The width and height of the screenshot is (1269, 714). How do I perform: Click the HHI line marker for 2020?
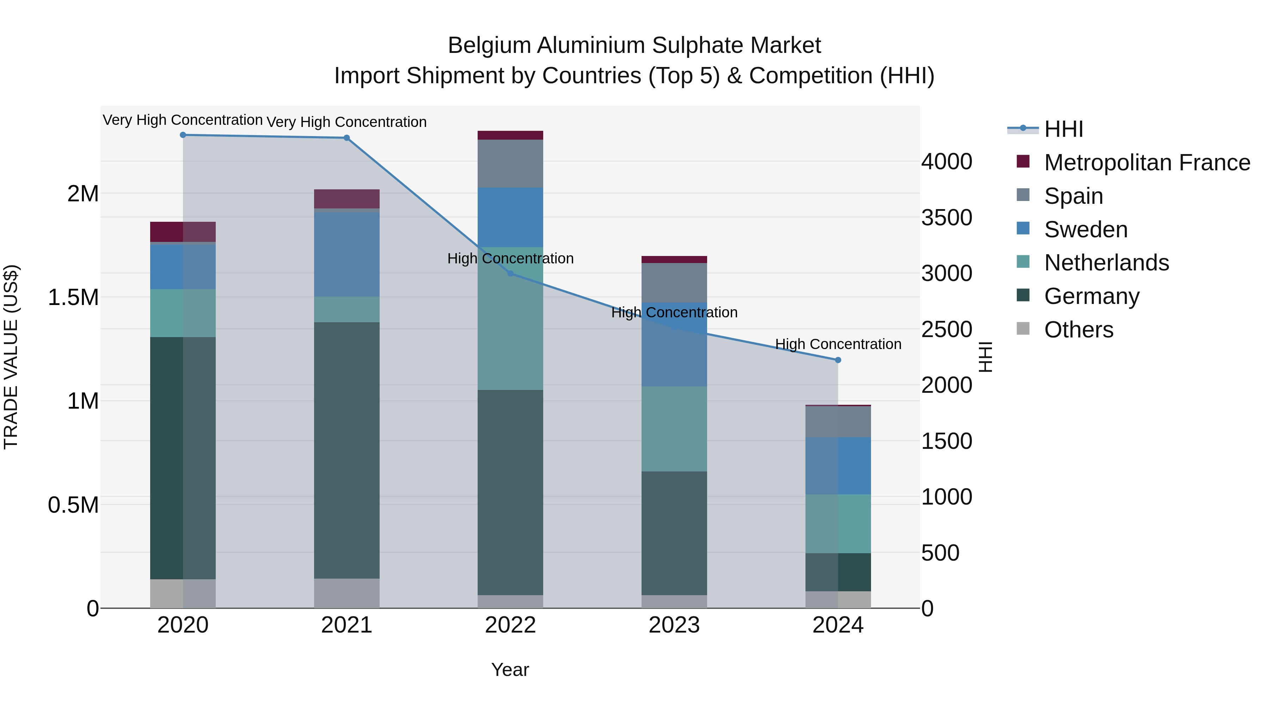(x=183, y=135)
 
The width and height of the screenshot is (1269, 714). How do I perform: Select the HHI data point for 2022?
(x=510, y=274)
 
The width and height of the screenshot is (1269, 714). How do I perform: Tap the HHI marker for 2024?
(x=838, y=360)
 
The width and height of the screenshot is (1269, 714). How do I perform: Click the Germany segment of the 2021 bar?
(x=347, y=450)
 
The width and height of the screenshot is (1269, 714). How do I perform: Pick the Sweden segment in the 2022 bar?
(x=510, y=217)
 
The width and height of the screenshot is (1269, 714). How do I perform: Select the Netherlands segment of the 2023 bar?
(x=674, y=429)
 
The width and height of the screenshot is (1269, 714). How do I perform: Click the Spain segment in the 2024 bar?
(x=838, y=422)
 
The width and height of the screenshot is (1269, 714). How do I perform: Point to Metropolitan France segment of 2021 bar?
(x=347, y=199)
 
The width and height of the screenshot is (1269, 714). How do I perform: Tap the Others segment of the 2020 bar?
(x=183, y=593)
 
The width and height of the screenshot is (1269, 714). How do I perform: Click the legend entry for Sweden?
(x=1086, y=230)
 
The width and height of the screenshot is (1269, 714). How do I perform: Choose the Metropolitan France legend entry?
(x=1147, y=163)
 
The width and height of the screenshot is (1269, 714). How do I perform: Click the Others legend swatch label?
(x=1078, y=330)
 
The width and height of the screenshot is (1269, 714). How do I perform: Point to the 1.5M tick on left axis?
(x=73, y=298)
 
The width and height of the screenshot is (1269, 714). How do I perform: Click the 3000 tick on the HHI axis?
(x=947, y=274)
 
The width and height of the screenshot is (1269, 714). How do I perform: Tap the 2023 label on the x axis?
(x=674, y=625)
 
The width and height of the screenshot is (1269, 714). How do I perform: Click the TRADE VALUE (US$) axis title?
(x=11, y=357)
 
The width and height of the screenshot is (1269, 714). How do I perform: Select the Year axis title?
(x=510, y=670)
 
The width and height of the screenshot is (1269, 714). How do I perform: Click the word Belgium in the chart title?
(x=489, y=45)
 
